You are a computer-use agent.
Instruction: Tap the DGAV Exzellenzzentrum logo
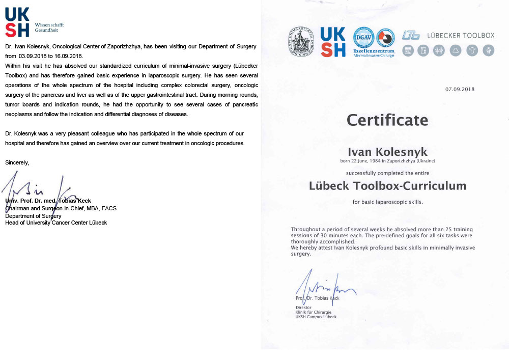click(x=374, y=42)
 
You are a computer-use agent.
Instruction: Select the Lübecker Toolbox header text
click(x=461, y=35)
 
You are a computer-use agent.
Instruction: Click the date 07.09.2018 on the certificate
click(x=460, y=89)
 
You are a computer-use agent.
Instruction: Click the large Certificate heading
click(x=387, y=120)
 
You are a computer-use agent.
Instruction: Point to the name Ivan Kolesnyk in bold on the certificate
click(x=387, y=152)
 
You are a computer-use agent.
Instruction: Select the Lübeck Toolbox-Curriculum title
click(x=387, y=186)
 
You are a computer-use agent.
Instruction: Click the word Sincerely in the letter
click(x=17, y=162)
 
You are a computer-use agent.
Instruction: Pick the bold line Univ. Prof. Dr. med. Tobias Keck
click(x=48, y=201)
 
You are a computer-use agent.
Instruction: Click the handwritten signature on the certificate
click(x=323, y=287)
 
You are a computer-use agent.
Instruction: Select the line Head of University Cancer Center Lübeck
click(x=56, y=223)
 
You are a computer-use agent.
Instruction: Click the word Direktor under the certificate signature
click(x=303, y=307)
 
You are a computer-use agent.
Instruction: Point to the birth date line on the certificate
click(x=387, y=161)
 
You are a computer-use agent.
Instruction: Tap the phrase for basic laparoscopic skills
click(x=387, y=202)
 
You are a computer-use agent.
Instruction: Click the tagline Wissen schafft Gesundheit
click(x=49, y=27)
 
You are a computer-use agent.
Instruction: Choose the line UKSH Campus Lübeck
click(x=316, y=317)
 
